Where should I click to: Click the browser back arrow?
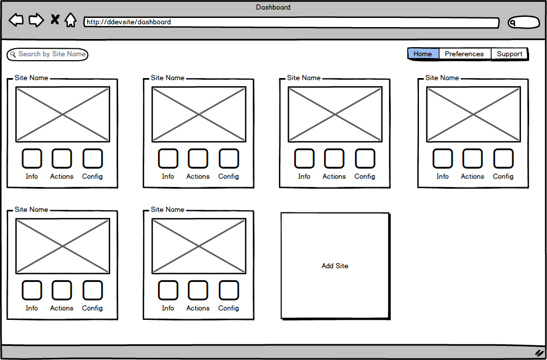tap(16, 21)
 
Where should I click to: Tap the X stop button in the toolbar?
tap(55, 20)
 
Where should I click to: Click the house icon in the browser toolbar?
tap(71, 21)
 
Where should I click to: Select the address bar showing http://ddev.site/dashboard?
tap(291, 23)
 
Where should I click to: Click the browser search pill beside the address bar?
tap(524, 23)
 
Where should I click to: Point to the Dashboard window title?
tap(273, 8)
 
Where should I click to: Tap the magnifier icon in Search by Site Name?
tap(13, 54)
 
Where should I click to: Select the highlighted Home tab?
tap(423, 54)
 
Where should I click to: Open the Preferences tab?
tap(464, 54)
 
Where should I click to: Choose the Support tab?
tap(510, 54)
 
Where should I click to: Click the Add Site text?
tap(335, 266)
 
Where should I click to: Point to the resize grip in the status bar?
tap(539, 352)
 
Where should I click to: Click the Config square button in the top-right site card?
tap(503, 158)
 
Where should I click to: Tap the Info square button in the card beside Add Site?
tap(168, 290)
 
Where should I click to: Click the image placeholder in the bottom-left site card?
tap(62, 246)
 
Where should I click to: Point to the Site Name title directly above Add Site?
tap(304, 78)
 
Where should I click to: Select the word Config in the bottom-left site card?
tap(92, 308)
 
